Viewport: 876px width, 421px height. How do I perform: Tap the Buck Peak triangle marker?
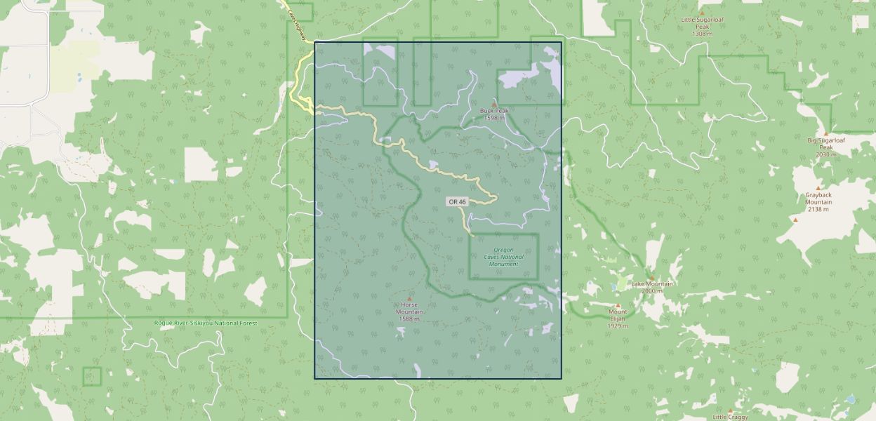tap(494, 104)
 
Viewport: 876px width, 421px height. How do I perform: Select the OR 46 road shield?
tap(457, 202)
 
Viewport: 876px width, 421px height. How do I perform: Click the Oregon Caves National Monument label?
tap(504, 257)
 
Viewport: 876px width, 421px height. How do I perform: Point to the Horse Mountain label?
tap(409, 309)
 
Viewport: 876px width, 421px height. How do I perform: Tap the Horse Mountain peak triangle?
tap(410, 298)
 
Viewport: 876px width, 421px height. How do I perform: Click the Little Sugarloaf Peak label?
tap(701, 23)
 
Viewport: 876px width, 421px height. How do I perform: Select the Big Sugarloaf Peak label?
tap(825, 144)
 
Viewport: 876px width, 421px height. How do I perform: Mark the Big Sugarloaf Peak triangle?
tap(825, 133)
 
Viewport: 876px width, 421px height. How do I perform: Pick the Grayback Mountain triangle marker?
tap(795, 220)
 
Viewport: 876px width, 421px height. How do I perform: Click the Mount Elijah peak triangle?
tap(618, 305)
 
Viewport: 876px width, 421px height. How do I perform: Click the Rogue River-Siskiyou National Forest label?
tap(206, 323)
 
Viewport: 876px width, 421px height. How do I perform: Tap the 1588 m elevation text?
tap(409, 319)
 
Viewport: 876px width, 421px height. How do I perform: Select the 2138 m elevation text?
tap(818, 209)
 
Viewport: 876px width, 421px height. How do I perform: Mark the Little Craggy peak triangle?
tap(730, 411)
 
